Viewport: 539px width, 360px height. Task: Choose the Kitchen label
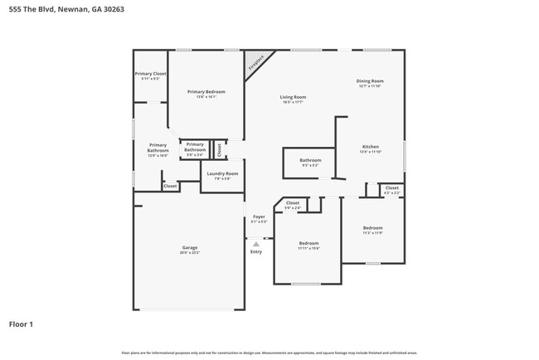click(x=370, y=148)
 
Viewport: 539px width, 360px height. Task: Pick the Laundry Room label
click(x=222, y=175)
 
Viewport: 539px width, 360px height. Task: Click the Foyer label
click(x=260, y=219)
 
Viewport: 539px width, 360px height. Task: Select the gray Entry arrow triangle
click(x=256, y=244)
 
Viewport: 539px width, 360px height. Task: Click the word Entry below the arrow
click(x=256, y=251)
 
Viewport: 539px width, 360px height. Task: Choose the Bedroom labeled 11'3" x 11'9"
click(x=372, y=230)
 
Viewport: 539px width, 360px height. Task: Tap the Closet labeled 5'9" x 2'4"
click(x=293, y=204)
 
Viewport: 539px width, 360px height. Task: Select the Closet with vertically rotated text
click(x=219, y=149)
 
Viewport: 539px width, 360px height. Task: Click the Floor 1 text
click(x=21, y=324)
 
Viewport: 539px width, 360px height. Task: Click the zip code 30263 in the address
click(x=113, y=9)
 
